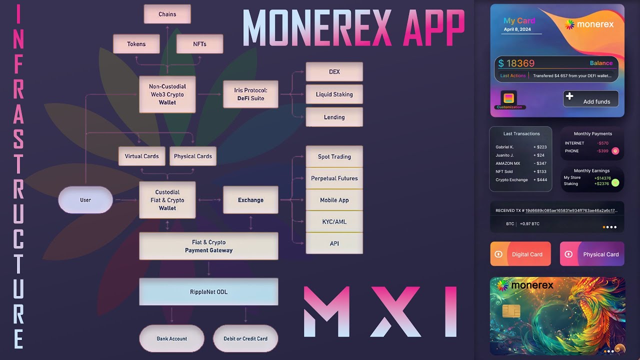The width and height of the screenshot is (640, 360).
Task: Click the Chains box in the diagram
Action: tap(167, 14)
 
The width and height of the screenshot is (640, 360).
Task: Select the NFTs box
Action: tap(199, 44)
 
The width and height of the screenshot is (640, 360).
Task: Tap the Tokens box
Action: tap(136, 44)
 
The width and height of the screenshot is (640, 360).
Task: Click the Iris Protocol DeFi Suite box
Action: tap(250, 94)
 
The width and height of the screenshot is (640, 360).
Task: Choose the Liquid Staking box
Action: tap(334, 94)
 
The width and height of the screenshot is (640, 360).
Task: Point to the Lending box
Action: tap(334, 117)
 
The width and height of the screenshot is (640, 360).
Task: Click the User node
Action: tap(85, 200)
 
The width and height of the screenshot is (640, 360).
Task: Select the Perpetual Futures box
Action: tap(334, 178)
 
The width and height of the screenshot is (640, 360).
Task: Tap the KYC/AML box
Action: tap(334, 221)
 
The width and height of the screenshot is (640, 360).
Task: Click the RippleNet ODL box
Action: tap(208, 291)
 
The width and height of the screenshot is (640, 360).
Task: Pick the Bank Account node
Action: tap(171, 338)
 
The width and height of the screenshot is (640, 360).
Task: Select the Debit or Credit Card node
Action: tap(245, 338)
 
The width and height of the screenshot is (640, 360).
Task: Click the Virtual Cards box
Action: tap(141, 156)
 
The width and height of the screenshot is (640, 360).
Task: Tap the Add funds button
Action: tap(590, 99)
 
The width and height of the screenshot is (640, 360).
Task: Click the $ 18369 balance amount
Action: tap(516, 63)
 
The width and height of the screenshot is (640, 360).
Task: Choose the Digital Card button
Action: tap(520, 254)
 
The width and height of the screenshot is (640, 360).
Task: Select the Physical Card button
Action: tap(592, 254)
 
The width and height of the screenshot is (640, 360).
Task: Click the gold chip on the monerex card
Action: tap(511, 311)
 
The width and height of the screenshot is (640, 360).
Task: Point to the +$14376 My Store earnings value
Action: tap(602, 178)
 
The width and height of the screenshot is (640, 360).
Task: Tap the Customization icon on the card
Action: tap(509, 98)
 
